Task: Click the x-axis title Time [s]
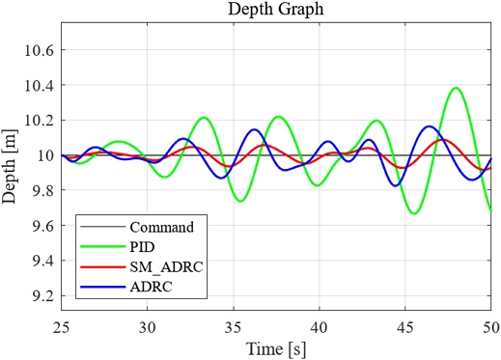(x=276, y=346)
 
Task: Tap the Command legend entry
(x=168, y=228)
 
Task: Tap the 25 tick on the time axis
(x=61, y=327)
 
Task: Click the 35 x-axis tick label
(x=233, y=327)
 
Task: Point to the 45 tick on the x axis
(x=405, y=327)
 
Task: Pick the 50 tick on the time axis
(x=489, y=327)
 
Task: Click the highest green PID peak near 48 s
(x=456, y=88)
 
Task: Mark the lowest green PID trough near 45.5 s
(x=414, y=213)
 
